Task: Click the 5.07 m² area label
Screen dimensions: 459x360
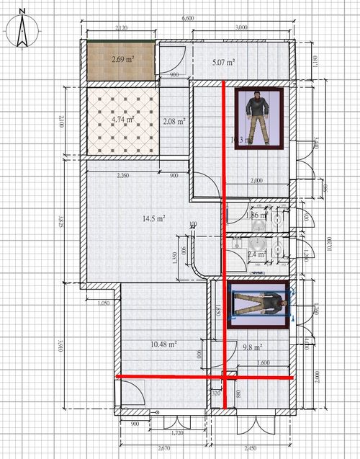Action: [x=224, y=63]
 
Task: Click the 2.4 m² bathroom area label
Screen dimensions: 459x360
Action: [x=256, y=254]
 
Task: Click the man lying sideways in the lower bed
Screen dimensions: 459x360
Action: [x=258, y=304]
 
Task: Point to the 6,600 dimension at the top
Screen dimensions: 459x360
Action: [x=188, y=17]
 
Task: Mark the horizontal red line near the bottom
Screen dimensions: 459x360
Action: [x=204, y=376]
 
